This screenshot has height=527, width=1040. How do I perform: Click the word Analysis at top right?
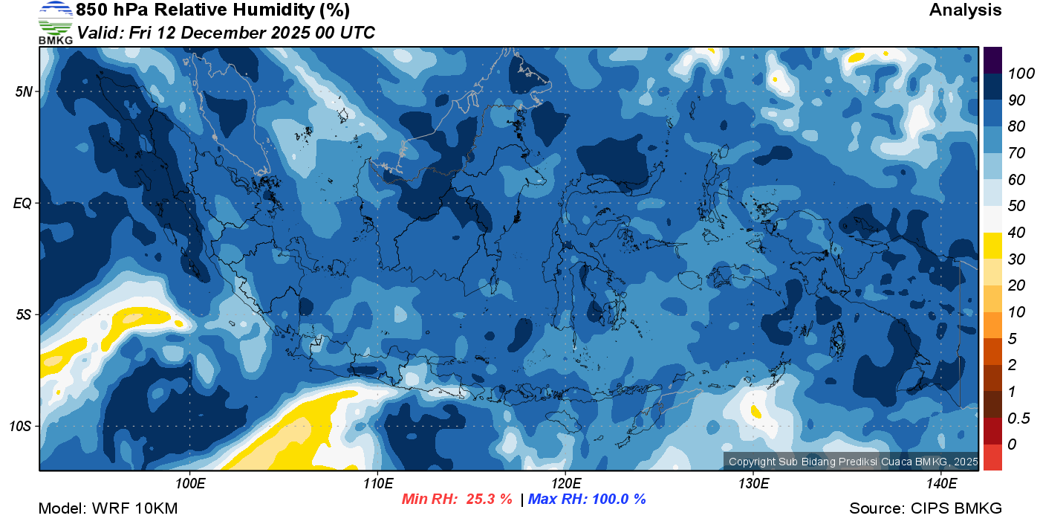(965, 10)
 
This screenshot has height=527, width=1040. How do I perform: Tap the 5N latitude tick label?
(23, 91)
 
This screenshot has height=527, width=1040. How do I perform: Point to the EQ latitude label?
(22, 203)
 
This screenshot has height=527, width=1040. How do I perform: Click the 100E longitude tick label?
(190, 484)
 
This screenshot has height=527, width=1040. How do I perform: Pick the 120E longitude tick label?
(565, 484)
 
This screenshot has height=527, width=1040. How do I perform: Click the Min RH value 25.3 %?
(489, 499)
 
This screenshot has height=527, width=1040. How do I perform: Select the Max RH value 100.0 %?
(619, 499)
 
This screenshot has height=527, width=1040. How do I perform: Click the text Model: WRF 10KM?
(108, 509)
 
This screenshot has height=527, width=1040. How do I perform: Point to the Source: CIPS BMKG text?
(926, 509)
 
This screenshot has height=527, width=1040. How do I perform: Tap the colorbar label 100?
(1015, 74)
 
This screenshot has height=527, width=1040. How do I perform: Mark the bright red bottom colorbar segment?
(992, 456)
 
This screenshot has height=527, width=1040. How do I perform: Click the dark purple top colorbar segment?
(992, 59)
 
